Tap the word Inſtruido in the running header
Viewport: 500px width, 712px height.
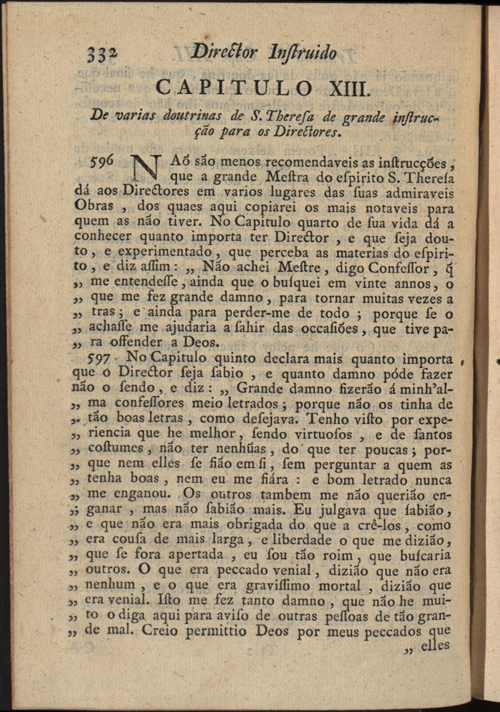(x=306, y=52)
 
